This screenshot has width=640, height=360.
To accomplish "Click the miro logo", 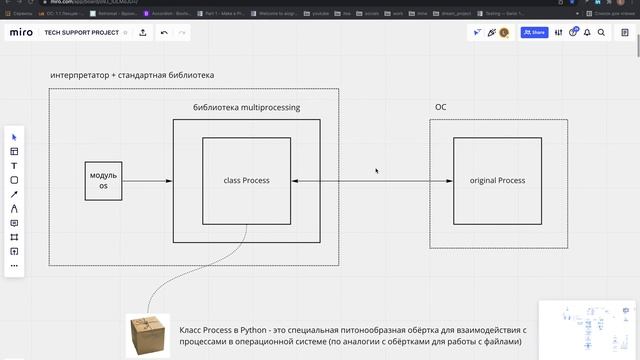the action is (x=21, y=33).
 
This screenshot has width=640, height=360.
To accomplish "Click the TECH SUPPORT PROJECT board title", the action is (x=82, y=33).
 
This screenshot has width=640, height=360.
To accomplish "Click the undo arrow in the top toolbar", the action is (x=164, y=33).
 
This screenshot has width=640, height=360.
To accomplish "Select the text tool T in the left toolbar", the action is (x=14, y=166).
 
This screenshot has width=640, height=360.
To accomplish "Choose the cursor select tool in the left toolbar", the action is (x=14, y=137).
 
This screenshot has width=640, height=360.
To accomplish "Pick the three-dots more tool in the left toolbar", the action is (x=14, y=266).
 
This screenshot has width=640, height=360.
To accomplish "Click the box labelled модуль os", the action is (x=104, y=181).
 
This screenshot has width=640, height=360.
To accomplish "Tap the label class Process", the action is (x=247, y=181).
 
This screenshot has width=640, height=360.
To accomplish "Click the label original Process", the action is (x=497, y=181).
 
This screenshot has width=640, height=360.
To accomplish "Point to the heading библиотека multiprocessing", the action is (x=246, y=107).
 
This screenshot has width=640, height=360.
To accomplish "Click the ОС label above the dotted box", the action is (x=440, y=107).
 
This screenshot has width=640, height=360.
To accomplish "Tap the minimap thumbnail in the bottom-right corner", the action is (x=587, y=328).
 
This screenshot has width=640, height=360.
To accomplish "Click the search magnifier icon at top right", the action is (x=601, y=33).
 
